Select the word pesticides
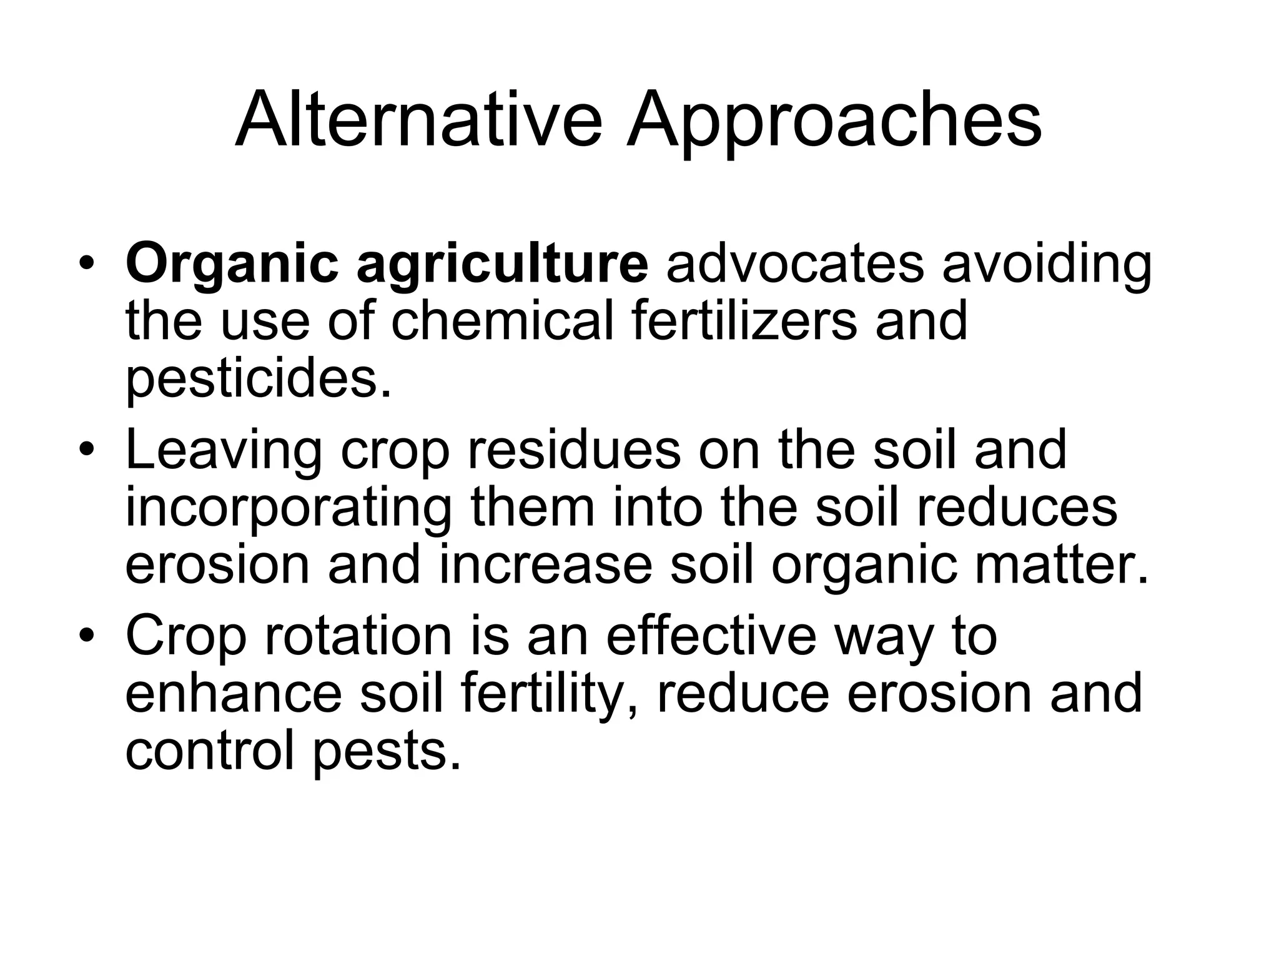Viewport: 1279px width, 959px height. point(259,380)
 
